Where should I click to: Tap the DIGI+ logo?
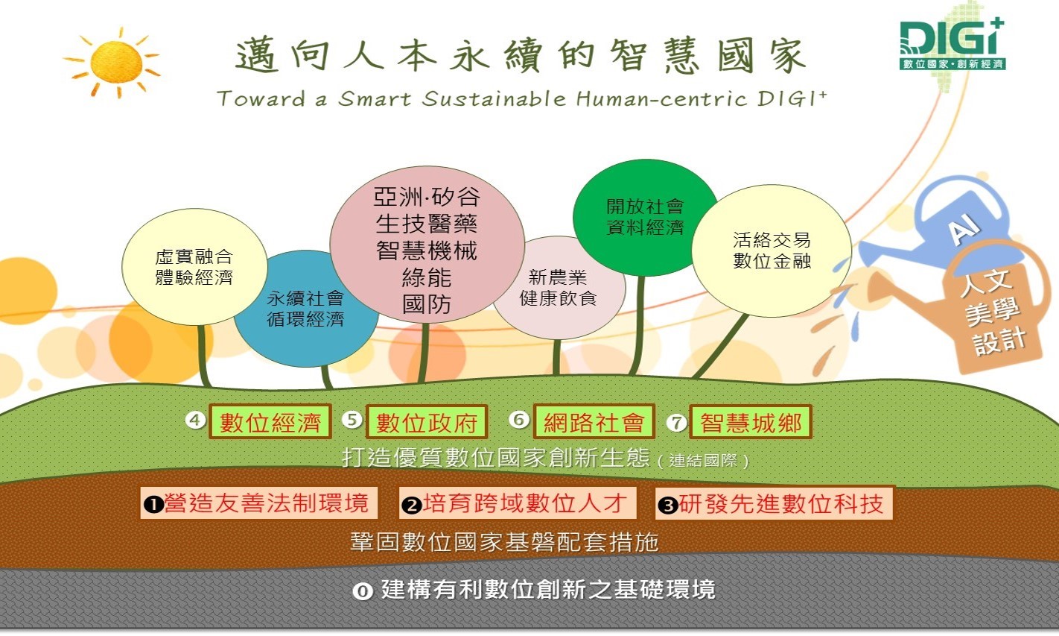(953, 44)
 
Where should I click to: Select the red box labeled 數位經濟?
(270, 421)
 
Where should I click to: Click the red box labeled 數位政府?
(427, 421)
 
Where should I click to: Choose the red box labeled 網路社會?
(594, 421)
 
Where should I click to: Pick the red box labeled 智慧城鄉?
(751, 421)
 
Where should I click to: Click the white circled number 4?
(195, 420)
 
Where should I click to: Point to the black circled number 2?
(411, 506)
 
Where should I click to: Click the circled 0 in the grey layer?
(363, 591)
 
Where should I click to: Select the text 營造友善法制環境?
(267, 503)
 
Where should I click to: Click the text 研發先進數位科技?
(781, 503)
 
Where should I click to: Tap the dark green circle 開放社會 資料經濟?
(645, 217)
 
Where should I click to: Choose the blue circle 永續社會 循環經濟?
(306, 309)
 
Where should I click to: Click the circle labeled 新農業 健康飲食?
(559, 288)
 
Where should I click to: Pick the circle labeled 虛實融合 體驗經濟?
(194, 267)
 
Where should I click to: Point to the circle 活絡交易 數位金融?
(772, 251)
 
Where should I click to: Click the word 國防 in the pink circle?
(427, 304)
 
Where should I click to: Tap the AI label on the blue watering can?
(964, 229)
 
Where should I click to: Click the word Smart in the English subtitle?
(375, 99)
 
